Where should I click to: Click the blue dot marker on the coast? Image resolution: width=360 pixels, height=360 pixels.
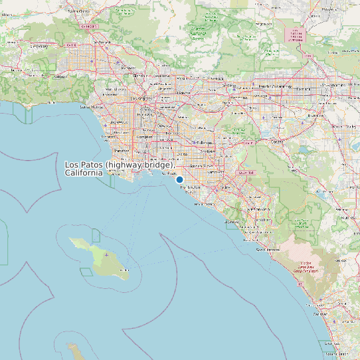coord(179,179)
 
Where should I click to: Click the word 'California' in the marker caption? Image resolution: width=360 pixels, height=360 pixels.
coord(84,173)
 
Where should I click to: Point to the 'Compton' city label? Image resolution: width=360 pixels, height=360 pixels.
coord(144,137)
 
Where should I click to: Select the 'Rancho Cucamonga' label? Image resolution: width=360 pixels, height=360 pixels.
coord(274,86)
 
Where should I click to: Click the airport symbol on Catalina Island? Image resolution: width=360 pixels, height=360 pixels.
coord(106,255)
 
